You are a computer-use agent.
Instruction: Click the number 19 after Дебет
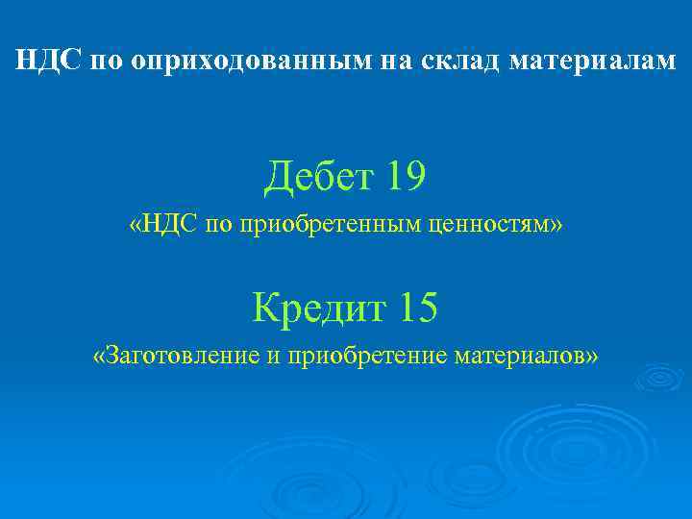point(404,176)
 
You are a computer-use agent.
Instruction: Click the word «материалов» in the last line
point(519,357)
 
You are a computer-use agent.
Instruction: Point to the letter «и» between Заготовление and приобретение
point(274,357)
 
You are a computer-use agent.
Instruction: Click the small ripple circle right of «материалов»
point(659,377)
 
